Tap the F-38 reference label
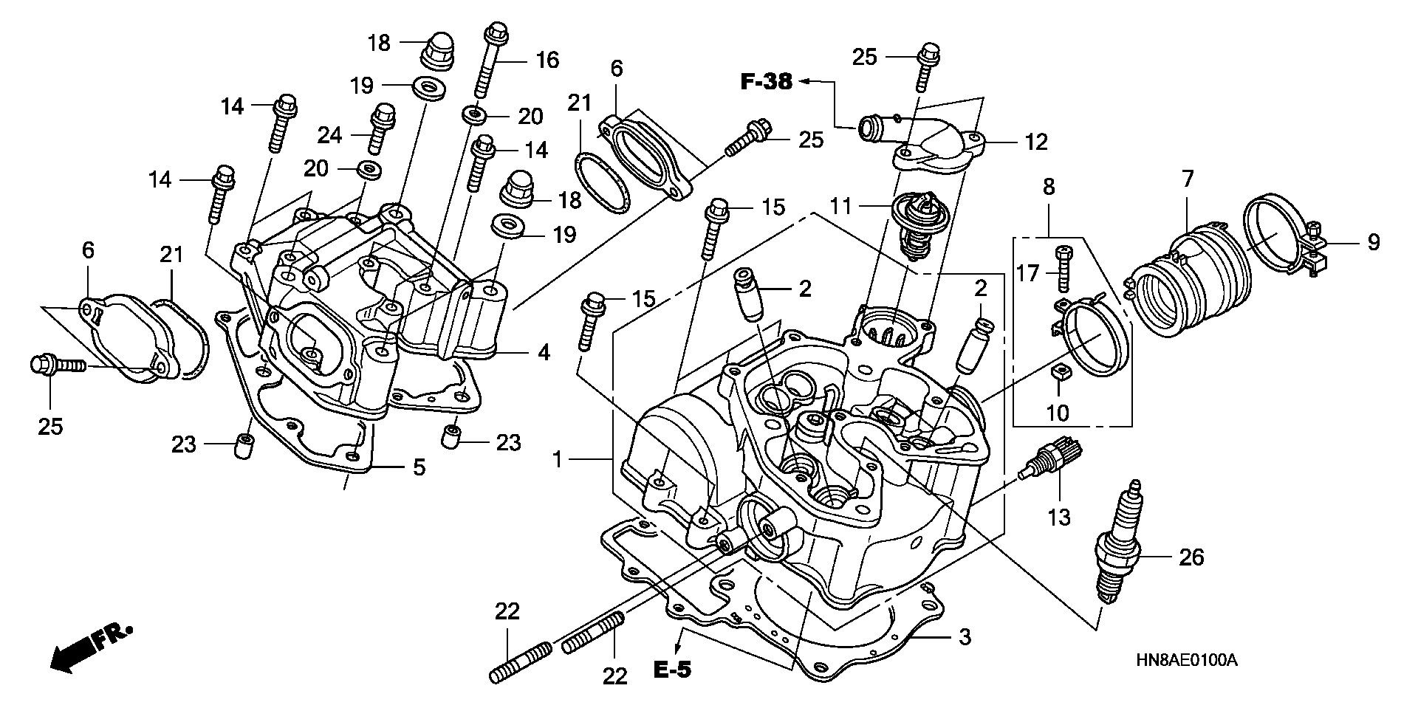766,82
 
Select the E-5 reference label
672,670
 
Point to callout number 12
1036,142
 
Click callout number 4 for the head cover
544,352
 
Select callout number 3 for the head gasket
965,637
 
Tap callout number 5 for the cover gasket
419,467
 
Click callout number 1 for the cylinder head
558,460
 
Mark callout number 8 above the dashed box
1049,187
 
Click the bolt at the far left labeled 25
55,365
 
